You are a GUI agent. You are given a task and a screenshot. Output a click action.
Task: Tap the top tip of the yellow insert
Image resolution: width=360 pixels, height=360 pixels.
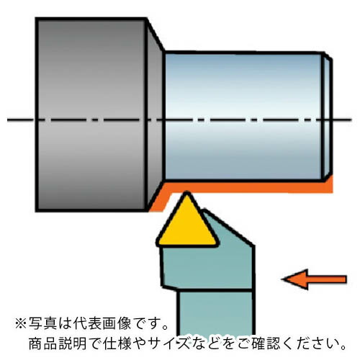coord(187,192)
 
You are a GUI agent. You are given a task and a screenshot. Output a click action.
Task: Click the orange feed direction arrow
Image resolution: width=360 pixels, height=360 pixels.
coord(314,279)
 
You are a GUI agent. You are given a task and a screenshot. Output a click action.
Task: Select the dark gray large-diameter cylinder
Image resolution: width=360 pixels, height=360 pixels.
coord(91,114)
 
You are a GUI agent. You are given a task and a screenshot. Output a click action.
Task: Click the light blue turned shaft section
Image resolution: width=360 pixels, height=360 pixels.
coord(243,117)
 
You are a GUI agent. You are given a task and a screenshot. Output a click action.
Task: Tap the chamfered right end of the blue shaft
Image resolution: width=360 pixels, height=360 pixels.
coord(328,117)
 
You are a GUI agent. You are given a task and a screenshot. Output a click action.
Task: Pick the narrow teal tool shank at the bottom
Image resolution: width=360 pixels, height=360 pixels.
coord(215,312)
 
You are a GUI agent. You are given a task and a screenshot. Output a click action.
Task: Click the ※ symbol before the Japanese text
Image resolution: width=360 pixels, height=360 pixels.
coord(21,324)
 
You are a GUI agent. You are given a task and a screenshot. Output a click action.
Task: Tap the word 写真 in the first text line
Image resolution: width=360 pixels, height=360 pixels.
coord(42,323)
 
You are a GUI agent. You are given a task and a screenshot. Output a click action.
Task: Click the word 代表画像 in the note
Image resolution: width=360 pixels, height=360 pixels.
coord(102,323)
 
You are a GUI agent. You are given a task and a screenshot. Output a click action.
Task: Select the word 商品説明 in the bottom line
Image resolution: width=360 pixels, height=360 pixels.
coord(58,343)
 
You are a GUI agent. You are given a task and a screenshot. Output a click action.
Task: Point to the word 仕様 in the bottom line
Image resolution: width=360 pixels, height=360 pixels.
coord(117,343)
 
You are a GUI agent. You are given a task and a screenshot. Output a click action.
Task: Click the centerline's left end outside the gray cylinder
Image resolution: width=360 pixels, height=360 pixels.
coord(8,120)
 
